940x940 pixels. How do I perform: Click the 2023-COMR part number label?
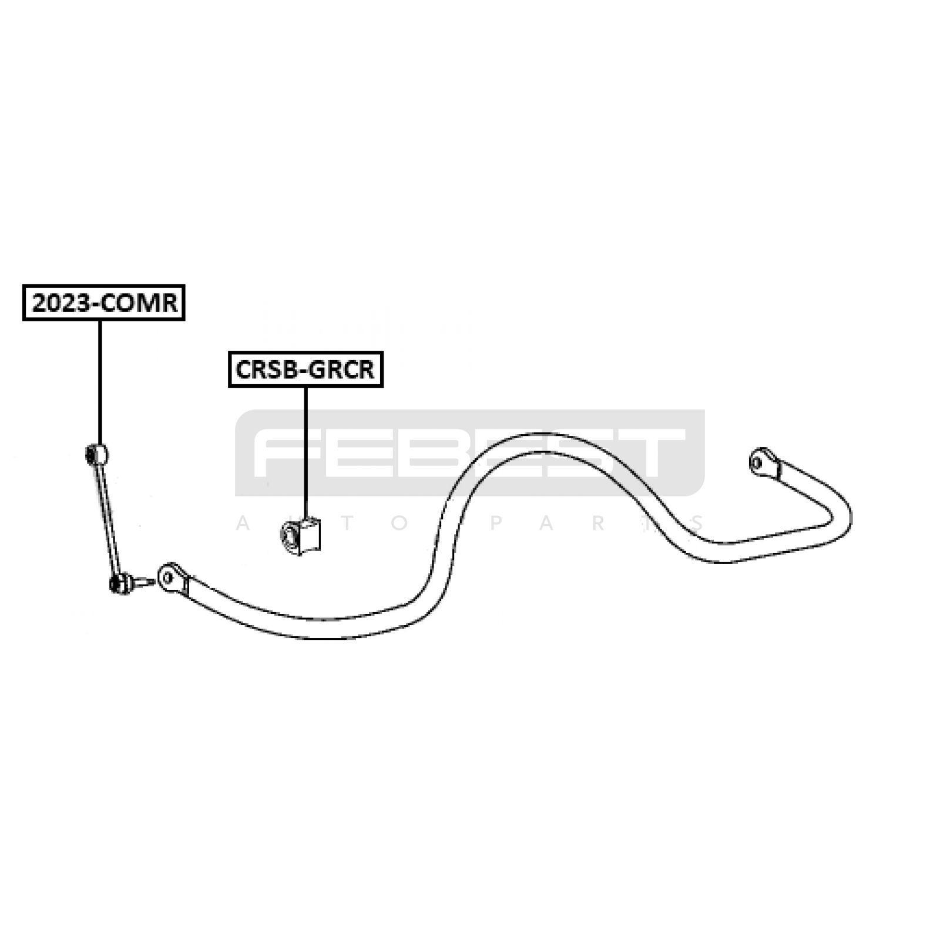(x=104, y=303)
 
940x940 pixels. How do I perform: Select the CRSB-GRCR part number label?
(x=305, y=369)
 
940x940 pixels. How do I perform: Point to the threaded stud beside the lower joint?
(x=143, y=583)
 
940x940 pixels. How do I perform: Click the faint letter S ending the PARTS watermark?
(x=698, y=523)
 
